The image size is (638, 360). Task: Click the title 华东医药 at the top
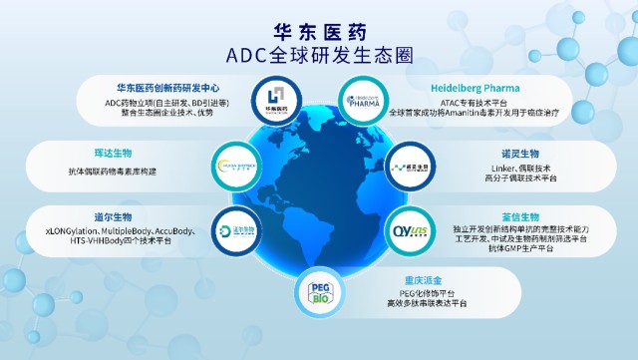tap(319, 31)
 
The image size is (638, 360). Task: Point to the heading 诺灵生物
tap(518, 154)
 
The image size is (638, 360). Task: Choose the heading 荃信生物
tap(518, 216)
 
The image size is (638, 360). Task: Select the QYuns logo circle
tap(405, 230)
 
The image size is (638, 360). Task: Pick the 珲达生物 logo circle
tap(235, 165)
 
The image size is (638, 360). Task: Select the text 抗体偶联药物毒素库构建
tap(112, 171)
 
